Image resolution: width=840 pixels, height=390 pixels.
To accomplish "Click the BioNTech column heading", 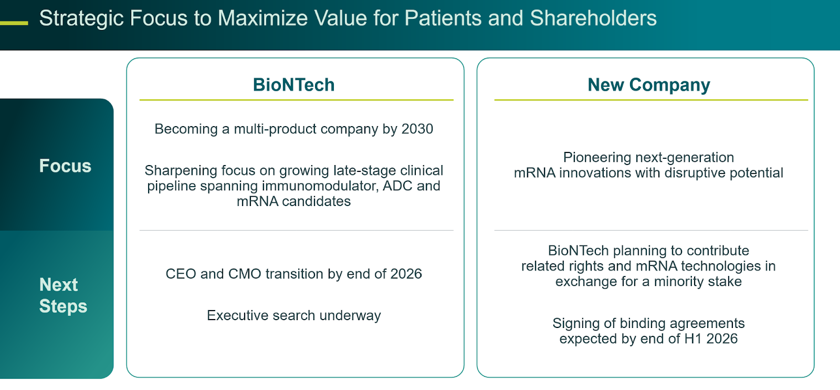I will (293, 85).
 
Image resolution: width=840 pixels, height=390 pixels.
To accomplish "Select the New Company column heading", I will (648, 85).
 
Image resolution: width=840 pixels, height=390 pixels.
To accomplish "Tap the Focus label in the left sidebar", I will (65, 166).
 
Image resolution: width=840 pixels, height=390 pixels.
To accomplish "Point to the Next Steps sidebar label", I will (63, 295).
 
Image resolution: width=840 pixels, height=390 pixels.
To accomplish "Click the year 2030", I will (417, 129).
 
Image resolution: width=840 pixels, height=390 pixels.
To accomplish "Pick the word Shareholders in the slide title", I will (593, 18).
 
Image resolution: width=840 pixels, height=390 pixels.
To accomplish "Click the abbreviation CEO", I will (181, 274).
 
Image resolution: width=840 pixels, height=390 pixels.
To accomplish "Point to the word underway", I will (350, 315).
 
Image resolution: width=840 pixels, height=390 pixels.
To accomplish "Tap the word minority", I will (678, 282).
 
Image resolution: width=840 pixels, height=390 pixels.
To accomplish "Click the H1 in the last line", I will (693, 339).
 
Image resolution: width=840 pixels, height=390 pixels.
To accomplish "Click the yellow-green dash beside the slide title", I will (14, 23).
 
